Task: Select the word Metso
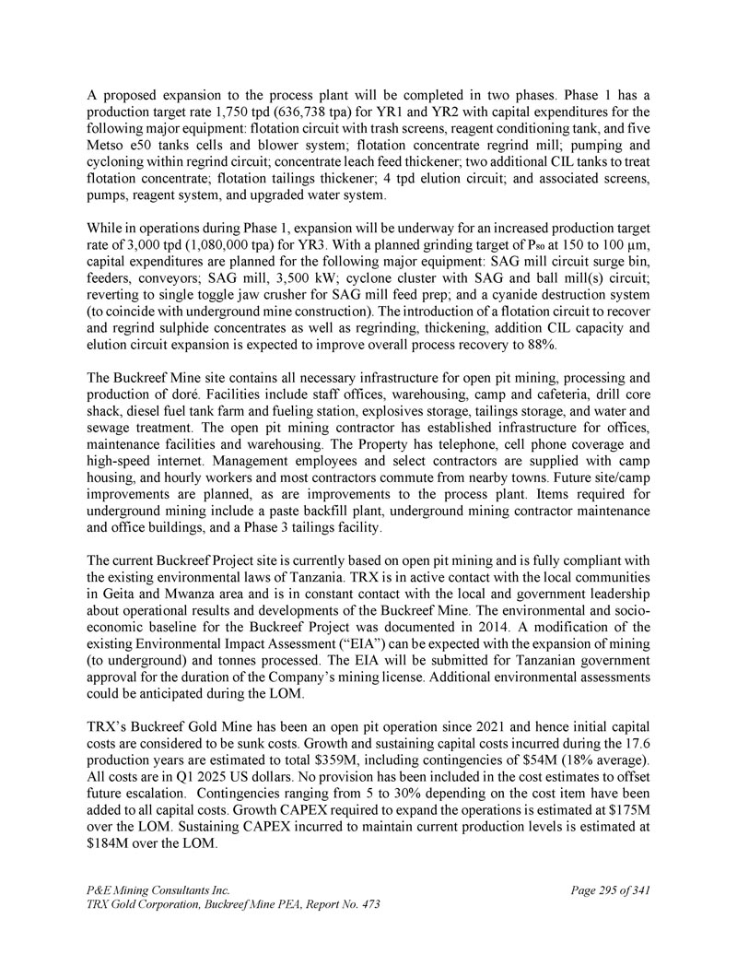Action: (x=107, y=146)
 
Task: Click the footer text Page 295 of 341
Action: (x=611, y=890)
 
